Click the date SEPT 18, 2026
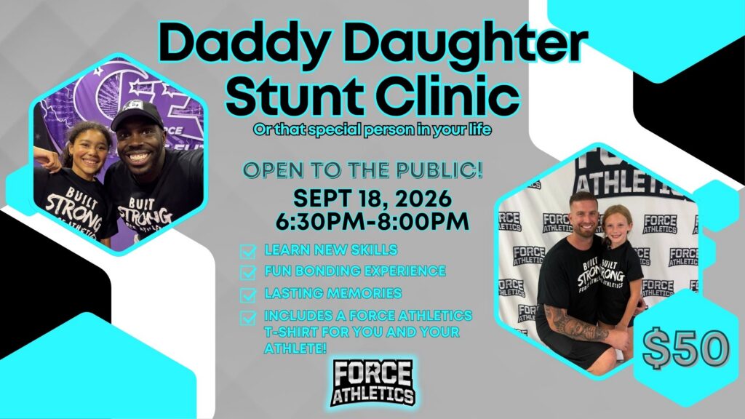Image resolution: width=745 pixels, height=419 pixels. coord(372,198)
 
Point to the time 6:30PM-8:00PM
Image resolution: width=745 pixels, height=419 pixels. coord(372,221)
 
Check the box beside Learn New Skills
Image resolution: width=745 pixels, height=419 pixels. coord(248,251)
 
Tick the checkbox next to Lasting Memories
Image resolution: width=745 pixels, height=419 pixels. coord(248,295)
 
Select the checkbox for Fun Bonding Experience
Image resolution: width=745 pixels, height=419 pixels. coord(248,272)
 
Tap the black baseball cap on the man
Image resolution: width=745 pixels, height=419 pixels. coord(137,114)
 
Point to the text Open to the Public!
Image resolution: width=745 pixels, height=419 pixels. coord(363,170)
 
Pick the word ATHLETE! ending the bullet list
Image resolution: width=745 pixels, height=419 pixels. coord(295,348)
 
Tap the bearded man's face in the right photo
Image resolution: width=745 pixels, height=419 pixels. coord(583,217)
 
